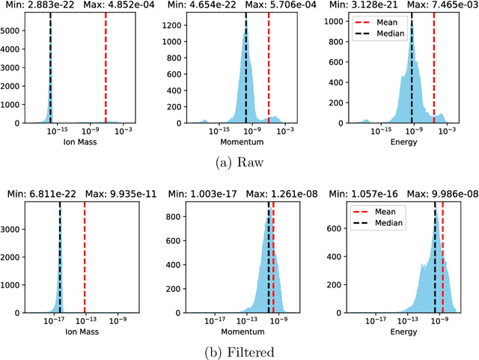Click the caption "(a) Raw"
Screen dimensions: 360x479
[x=239, y=159]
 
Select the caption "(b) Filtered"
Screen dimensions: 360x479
[x=239, y=351]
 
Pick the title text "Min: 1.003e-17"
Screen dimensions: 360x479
[x=198, y=195]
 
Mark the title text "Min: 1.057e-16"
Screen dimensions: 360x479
[x=356, y=195]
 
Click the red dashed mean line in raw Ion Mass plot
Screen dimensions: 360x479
[x=106, y=67]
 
